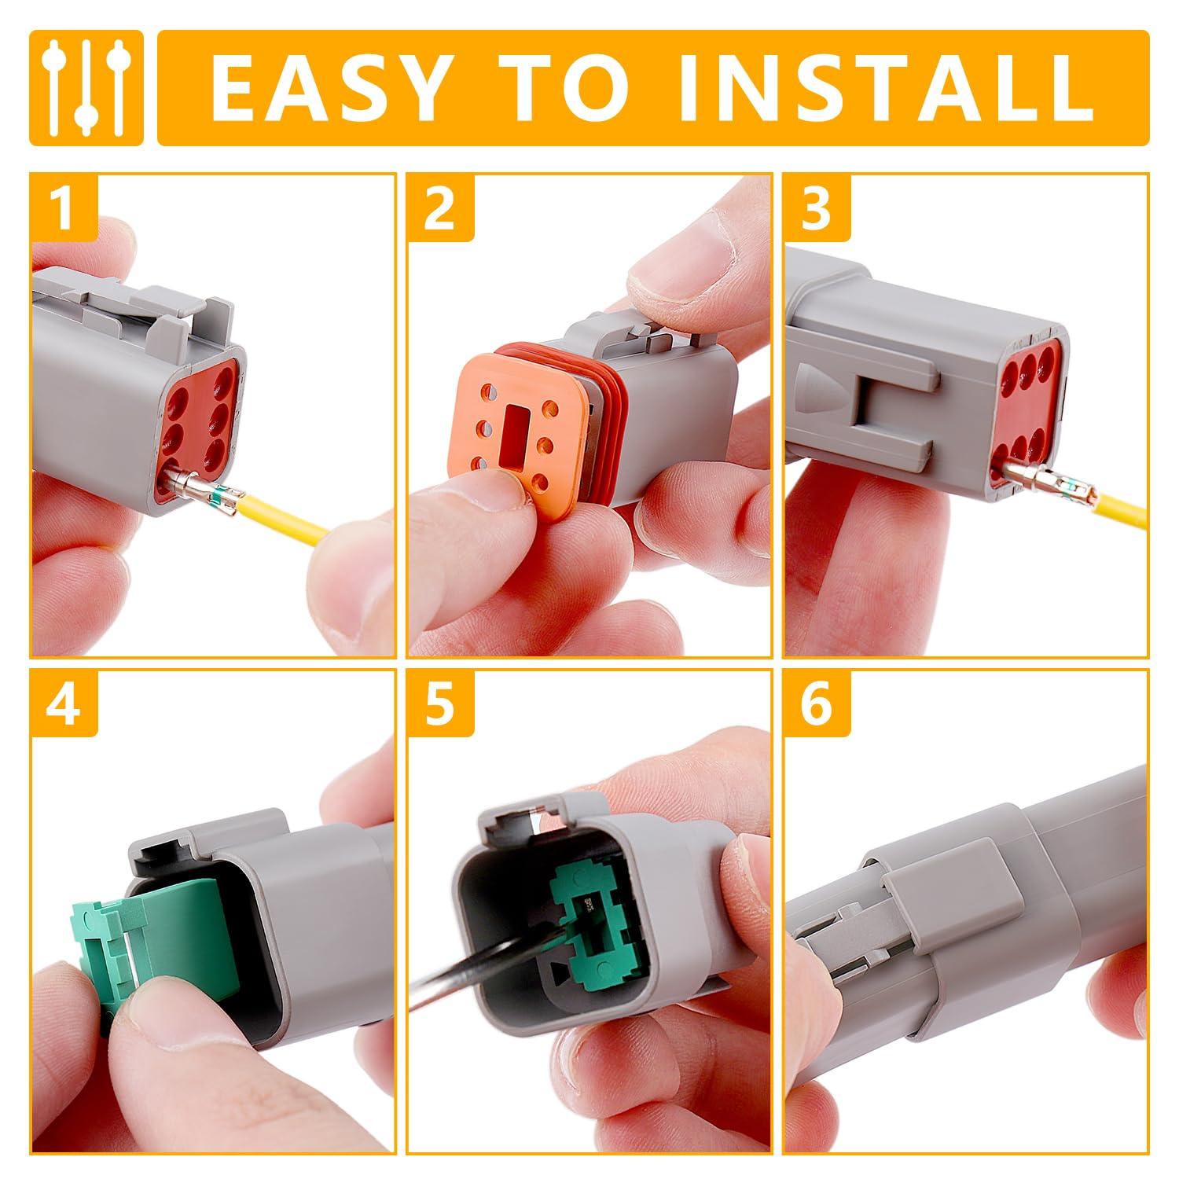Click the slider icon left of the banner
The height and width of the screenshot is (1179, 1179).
click(x=86, y=88)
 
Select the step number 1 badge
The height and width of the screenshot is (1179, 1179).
click(x=64, y=207)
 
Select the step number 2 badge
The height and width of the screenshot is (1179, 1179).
click(x=440, y=207)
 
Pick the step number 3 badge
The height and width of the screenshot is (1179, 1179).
click(x=817, y=207)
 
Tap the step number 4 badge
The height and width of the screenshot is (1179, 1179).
click(x=64, y=703)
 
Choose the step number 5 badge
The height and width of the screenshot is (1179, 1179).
click(x=440, y=703)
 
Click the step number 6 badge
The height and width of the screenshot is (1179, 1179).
click(x=817, y=703)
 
